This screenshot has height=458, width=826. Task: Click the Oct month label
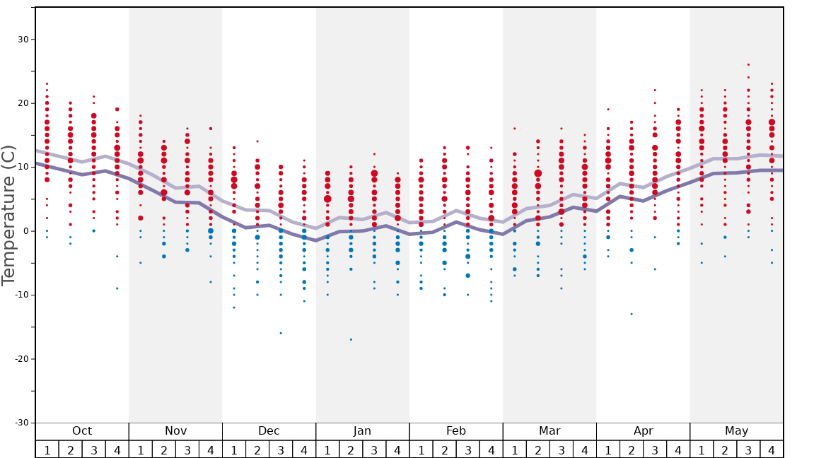[x=82, y=431]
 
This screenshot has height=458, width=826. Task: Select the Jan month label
[x=362, y=431]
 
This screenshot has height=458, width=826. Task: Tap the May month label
[x=736, y=431]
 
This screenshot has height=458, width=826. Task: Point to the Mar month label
[x=549, y=431]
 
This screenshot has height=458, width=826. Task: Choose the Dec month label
[x=269, y=431]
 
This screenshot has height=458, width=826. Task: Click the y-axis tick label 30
[x=23, y=40]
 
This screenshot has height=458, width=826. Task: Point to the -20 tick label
[x=21, y=359]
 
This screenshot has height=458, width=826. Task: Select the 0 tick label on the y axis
[x=25, y=231]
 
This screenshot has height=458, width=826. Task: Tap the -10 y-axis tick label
[x=21, y=295]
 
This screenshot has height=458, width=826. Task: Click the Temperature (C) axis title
[x=9, y=215]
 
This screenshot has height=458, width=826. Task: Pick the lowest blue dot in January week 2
[x=351, y=339]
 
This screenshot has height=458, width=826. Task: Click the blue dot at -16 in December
[x=281, y=333]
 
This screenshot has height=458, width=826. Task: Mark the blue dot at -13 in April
[x=632, y=314]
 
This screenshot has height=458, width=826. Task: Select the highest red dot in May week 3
[x=748, y=64]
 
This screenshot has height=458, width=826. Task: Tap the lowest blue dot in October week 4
[x=117, y=288]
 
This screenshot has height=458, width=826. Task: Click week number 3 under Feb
[x=467, y=450]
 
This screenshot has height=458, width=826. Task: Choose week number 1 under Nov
[x=141, y=450]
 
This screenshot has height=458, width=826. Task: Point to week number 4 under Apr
[x=678, y=450]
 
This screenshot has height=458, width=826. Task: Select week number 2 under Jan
[x=351, y=450]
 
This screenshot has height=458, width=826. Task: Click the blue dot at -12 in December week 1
[x=234, y=307]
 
